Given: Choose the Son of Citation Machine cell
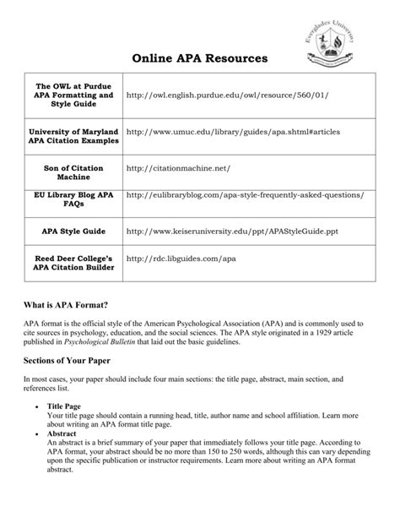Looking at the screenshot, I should [73, 173].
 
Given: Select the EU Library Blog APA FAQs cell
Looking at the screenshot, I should [73, 200].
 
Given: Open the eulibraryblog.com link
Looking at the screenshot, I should [245, 195].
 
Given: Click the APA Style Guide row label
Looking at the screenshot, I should [73, 230].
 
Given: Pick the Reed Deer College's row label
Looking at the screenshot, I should [73, 263].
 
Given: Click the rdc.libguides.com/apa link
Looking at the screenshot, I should [180, 258].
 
